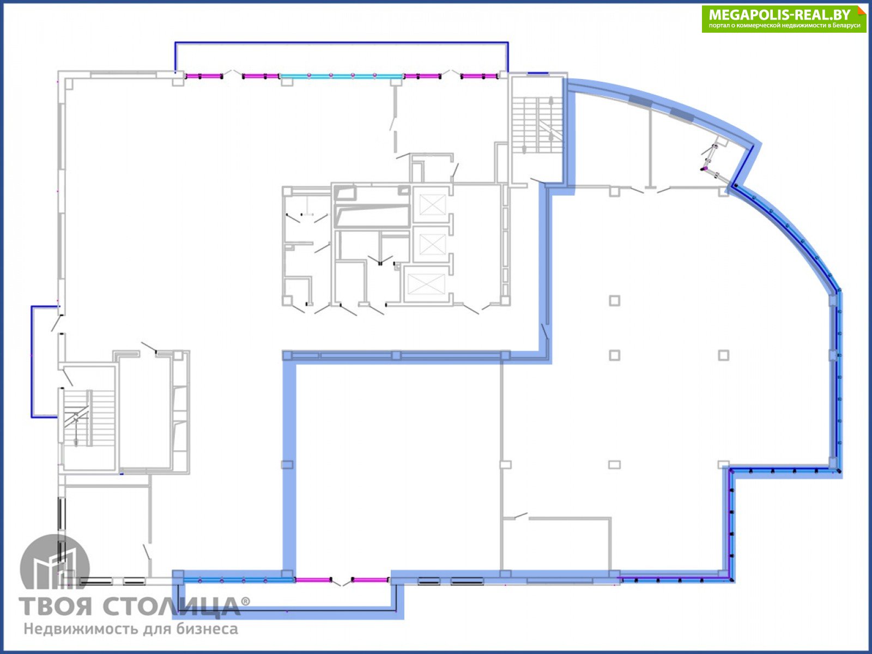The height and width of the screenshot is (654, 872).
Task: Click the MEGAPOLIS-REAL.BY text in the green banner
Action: click(779, 15)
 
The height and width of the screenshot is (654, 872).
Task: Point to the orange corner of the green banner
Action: click(861, 10)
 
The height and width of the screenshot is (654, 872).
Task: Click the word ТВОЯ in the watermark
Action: click(56, 607)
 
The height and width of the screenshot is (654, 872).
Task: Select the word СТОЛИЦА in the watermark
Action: click(171, 607)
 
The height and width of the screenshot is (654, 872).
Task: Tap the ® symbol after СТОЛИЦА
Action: click(245, 601)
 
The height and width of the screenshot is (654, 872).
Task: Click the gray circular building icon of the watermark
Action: click(55, 561)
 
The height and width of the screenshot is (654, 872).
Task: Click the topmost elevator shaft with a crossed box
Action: click(432, 204)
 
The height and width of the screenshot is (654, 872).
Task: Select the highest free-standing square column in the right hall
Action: click(614, 301)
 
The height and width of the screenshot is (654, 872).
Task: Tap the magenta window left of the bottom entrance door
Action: click(313, 580)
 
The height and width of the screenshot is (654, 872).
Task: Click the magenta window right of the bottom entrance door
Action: click(370, 580)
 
